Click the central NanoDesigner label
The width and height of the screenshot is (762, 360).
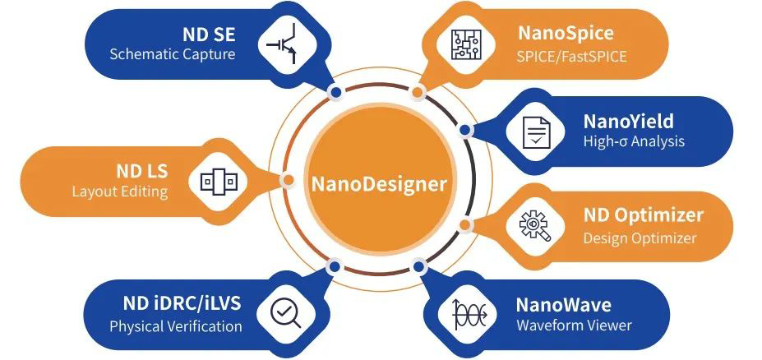pyautogui.click(x=379, y=183)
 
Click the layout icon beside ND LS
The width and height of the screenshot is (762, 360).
pyautogui.click(x=219, y=181)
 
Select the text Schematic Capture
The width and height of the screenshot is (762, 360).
pyautogui.click(x=173, y=55)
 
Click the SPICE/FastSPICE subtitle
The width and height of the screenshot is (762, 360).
pyautogui.click(x=571, y=57)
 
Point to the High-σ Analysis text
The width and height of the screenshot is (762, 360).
pyautogui.click(x=634, y=141)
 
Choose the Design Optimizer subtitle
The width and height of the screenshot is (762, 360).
pyautogui.click(x=640, y=238)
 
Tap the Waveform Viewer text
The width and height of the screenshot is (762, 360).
pyautogui.click(x=574, y=325)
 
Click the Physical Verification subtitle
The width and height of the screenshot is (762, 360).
pyautogui.click(x=176, y=326)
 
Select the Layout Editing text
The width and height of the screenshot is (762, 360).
pyautogui.click(x=120, y=192)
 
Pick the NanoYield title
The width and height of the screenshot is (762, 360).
pyautogui.click(x=628, y=122)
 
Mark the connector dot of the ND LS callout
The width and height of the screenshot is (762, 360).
pyautogui.click(x=288, y=180)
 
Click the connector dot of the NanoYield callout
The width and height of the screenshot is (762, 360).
pyautogui.click(x=465, y=130)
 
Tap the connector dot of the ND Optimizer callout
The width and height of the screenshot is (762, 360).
pyautogui.click(x=465, y=224)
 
